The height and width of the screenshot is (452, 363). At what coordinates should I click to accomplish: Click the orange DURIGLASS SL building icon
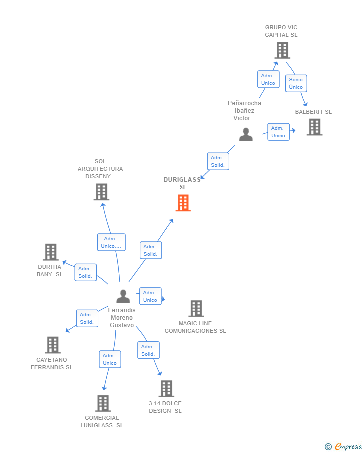183,203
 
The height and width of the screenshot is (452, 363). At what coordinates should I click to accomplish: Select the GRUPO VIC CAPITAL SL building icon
282,50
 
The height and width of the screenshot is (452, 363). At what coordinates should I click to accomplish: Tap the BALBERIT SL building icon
314,127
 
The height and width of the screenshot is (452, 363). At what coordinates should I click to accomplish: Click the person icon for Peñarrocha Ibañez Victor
246,134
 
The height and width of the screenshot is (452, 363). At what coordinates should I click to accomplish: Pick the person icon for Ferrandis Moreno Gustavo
123,296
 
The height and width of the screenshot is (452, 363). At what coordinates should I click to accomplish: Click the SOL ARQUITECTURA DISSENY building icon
101,192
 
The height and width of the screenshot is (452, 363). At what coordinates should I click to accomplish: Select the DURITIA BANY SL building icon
51,252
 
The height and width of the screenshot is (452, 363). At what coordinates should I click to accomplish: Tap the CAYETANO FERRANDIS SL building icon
53,345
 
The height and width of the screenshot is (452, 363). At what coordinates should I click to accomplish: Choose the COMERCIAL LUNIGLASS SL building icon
103,403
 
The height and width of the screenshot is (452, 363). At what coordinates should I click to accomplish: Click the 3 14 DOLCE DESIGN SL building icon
166,388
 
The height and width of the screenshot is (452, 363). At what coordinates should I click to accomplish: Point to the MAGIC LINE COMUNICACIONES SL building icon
196,309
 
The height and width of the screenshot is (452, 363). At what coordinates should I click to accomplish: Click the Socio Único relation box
296,83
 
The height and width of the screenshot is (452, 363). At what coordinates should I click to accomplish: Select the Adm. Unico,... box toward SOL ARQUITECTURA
111,242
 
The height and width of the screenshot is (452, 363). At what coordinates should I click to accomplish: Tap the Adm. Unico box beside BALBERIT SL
278,132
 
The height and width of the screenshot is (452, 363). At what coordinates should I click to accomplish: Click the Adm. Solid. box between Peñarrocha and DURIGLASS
218,161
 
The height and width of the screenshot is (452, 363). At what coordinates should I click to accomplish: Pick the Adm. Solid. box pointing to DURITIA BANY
85,272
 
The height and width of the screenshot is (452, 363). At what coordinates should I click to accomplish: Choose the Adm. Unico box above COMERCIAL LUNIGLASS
110,359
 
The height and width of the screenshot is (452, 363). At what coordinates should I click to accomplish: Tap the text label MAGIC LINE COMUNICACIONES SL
195,327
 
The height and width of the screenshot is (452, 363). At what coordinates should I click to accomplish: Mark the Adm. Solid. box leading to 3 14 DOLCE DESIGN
148,350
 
